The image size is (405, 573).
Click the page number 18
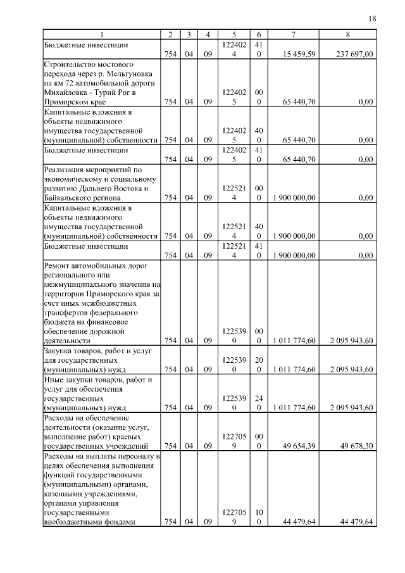tap(372, 19)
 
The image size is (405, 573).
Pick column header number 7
tap(293, 34)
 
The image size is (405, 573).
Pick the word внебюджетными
tap(72, 522)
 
